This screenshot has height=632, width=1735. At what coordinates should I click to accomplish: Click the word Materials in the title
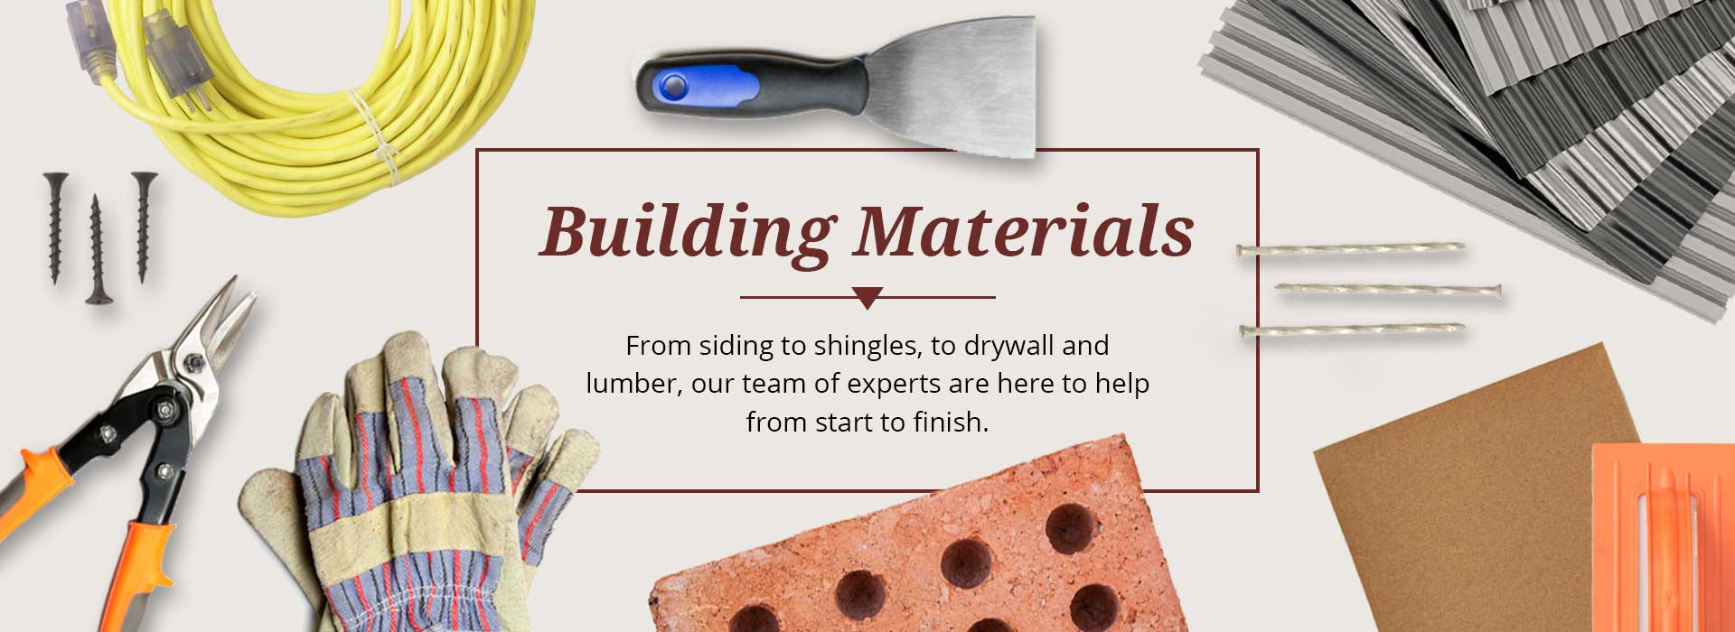click(1024, 230)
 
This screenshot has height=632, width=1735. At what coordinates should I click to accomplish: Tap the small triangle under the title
click(867, 298)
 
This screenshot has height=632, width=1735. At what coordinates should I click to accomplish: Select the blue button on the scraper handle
click(672, 87)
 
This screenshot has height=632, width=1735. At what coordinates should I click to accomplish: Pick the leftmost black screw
click(55, 228)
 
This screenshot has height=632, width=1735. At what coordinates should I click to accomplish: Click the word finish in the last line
click(951, 422)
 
